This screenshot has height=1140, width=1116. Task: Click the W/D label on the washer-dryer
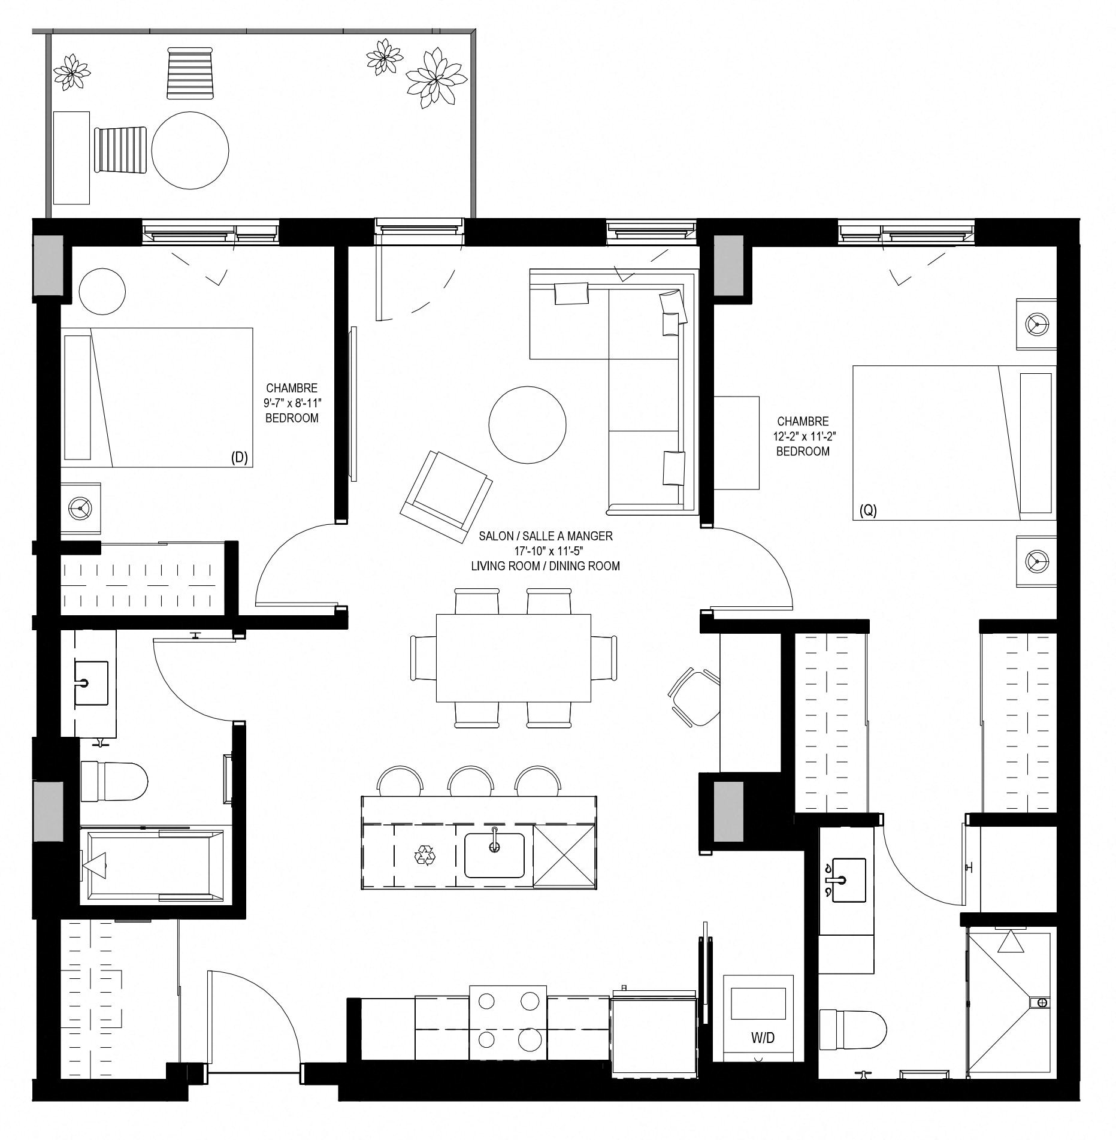click(x=763, y=1038)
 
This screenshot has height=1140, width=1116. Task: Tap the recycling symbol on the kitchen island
click(x=425, y=855)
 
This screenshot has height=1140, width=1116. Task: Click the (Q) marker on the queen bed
click(x=868, y=510)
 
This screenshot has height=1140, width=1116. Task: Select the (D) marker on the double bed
click(x=240, y=459)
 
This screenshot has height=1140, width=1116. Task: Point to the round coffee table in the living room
click(x=527, y=425)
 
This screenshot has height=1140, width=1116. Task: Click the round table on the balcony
click(x=190, y=150)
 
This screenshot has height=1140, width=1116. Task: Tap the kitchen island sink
click(x=494, y=855)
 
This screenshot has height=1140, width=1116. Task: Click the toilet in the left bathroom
click(x=114, y=781)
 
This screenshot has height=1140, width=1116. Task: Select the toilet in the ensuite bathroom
click(x=852, y=1030)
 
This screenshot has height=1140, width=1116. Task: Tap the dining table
click(x=513, y=657)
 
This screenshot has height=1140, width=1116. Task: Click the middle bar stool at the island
click(x=471, y=781)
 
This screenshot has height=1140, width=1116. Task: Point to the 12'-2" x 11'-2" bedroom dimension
click(x=803, y=436)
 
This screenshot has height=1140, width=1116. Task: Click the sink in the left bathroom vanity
click(x=91, y=683)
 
